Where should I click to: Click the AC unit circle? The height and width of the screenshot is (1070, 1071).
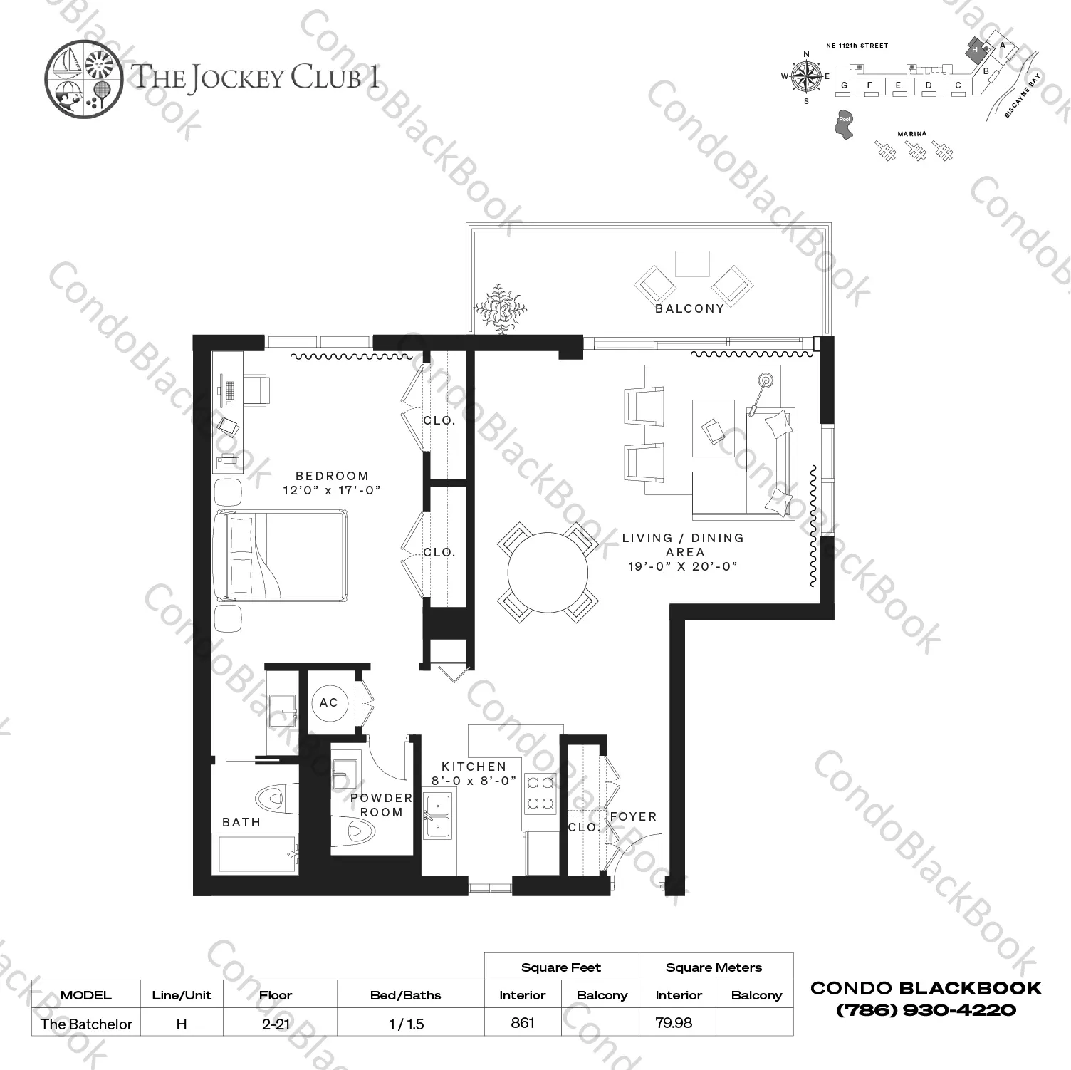pyautogui.click(x=328, y=702)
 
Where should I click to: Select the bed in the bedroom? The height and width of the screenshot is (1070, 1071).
pyautogui.click(x=280, y=556)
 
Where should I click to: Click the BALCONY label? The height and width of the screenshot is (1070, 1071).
pyautogui.click(x=689, y=308)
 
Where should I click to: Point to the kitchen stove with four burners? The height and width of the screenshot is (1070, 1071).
pyautogui.click(x=540, y=794)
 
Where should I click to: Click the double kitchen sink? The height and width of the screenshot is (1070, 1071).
pyautogui.click(x=437, y=815)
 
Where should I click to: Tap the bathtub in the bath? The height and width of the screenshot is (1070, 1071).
pyautogui.click(x=257, y=853)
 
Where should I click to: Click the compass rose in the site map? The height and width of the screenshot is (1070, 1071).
pyautogui.click(x=806, y=77)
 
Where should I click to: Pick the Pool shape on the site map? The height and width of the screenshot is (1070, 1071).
pyautogui.click(x=844, y=125)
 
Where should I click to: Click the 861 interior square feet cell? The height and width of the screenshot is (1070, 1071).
pyautogui.click(x=523, y=1022)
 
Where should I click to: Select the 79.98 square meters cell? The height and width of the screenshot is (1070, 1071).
pyautogui.click(x=674, y=1022)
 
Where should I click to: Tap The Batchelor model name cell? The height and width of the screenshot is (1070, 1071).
pyautogui.click(x=86, y=1024)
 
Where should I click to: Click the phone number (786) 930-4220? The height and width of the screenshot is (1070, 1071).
pyautogui.click(x=926, y=1009)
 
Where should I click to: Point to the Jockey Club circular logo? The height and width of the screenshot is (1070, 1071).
pyautogui.click(x=79, y=78)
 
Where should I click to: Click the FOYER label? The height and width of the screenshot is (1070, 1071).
pyautogui.click(x=633, y=816)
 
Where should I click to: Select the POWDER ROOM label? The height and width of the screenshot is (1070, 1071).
pyautogui.click(x=381, y=805)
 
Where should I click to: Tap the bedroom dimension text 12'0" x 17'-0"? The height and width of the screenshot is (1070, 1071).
pyautogui.click(x=332, y=490)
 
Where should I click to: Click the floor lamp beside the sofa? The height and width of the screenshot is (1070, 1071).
pyautogui.click(x=765, y=380)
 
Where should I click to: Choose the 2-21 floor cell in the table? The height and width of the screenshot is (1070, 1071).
pyautogui.click(x=276, y=1024)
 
